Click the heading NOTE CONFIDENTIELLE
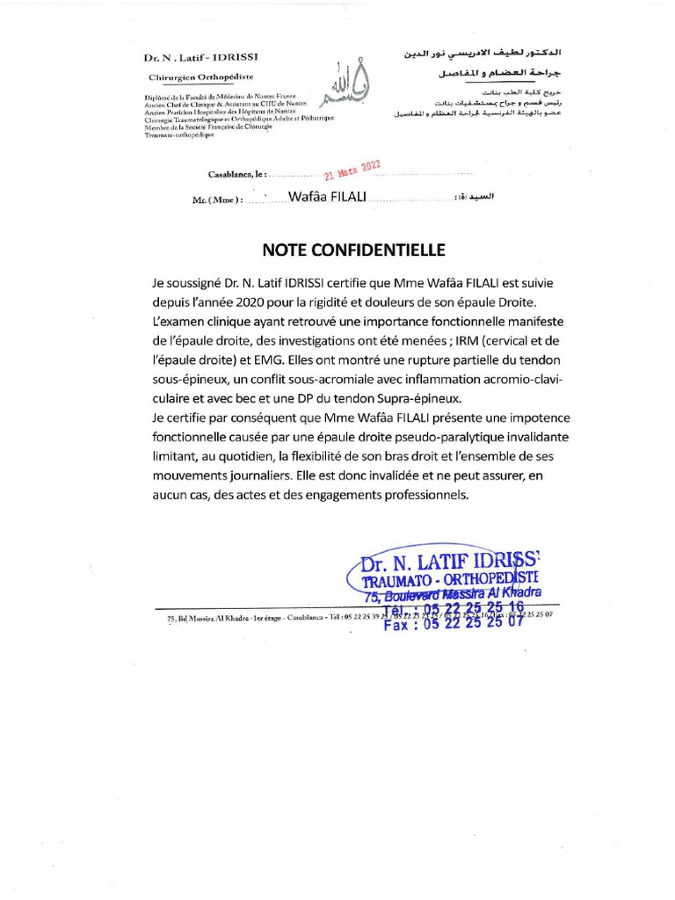(x=352, y=250)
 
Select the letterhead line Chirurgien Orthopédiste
(x=187, y=78)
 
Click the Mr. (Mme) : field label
(x=216, y=200)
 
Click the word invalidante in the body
(x=528, y=437)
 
